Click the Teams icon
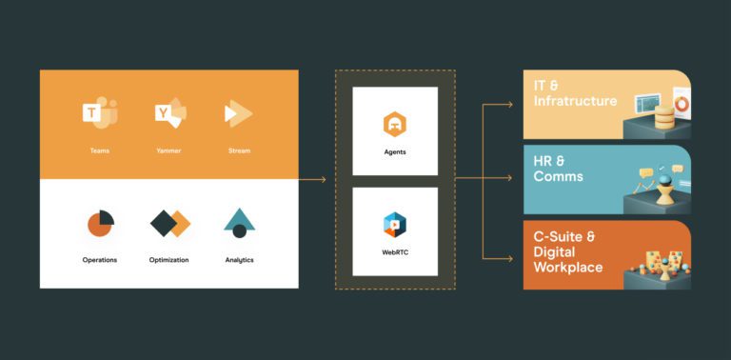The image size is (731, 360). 99,114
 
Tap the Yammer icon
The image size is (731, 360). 170,114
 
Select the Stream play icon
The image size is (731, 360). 238,114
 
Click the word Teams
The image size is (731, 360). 99,150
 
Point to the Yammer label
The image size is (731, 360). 169,150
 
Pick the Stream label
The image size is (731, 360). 239,150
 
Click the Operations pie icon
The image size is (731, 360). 100,223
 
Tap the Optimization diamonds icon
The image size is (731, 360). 170,223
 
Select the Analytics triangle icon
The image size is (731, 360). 239,222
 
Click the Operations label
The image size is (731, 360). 100,259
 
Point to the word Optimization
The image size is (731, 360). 169,259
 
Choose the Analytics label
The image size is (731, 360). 239,259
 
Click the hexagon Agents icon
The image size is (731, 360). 395,124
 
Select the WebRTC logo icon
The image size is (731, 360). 395,224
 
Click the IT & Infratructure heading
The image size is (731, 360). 575,93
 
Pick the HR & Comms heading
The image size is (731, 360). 559,169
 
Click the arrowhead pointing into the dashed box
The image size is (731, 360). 323,179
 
